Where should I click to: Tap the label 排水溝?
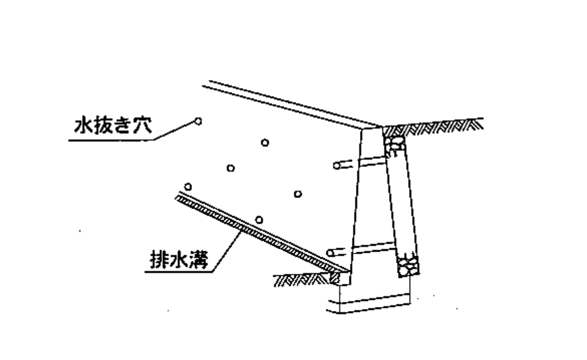(178, 260)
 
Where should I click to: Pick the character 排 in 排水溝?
(156, 260)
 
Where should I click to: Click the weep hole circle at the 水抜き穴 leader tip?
(197, 120)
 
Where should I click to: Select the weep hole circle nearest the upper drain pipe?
(298, 193)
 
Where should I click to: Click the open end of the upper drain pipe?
(337, 164)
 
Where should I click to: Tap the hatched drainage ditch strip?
(258, 232)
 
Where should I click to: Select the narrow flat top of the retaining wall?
(373, 127)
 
